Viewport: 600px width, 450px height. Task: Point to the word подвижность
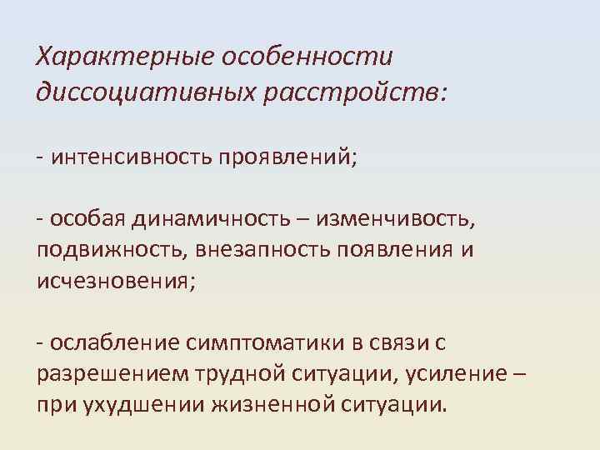[x=99, y=250]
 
